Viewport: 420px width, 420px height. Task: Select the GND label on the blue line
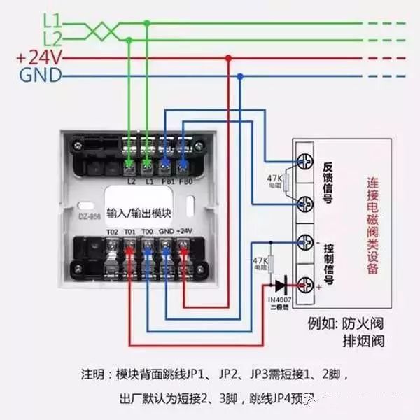pyautogui.click(x=41, y=75)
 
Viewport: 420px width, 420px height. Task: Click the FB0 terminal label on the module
pyautogui.click(x=185, y=180)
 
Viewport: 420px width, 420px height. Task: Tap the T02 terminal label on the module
pyautogui.click(x=112, y=232)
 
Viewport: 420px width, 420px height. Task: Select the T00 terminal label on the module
pyautogui.click(x=146, y=232)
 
